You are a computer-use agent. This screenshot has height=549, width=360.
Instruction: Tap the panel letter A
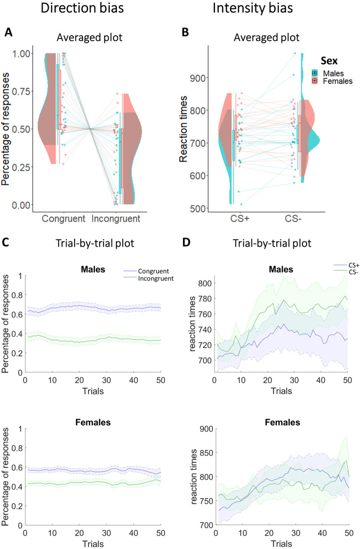click(9, 33)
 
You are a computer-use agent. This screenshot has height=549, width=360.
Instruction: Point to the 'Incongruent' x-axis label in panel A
click(117, 219)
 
